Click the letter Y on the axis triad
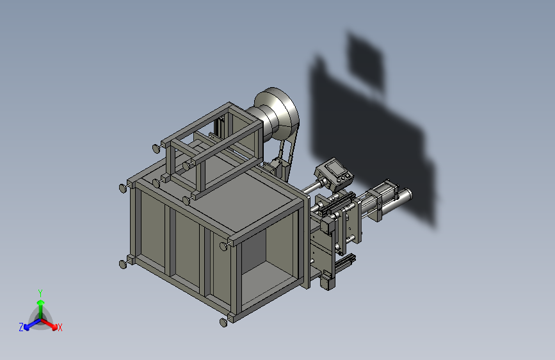(40, 293)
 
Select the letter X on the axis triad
(60, 327)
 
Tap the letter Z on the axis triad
(21, 327)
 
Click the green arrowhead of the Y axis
(41, 303)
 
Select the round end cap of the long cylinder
(408, 194)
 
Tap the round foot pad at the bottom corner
(223, 322)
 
